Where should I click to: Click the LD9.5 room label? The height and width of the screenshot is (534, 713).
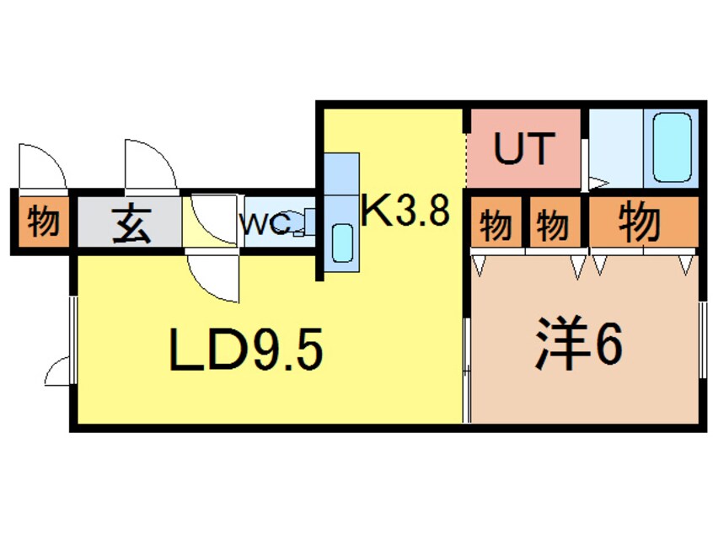(x=247, y=350)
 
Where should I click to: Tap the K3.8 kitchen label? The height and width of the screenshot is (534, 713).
(x=404, y=211)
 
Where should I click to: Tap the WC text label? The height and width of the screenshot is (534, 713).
(x=265, y=225)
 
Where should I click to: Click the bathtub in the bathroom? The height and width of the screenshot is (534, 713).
(x=672, y=147)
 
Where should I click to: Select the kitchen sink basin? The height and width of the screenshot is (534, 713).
(x=342, y=243)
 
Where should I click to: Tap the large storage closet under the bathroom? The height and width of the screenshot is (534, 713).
(x=642, y=222)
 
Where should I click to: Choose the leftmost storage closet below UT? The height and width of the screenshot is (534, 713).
(x=497, y=224)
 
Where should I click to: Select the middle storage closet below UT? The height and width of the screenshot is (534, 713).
(x=552, y=224)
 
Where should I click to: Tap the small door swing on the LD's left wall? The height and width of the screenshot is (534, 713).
(x=59, y=371)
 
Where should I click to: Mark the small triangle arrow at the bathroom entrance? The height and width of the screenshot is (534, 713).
(x=598, y=181)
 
